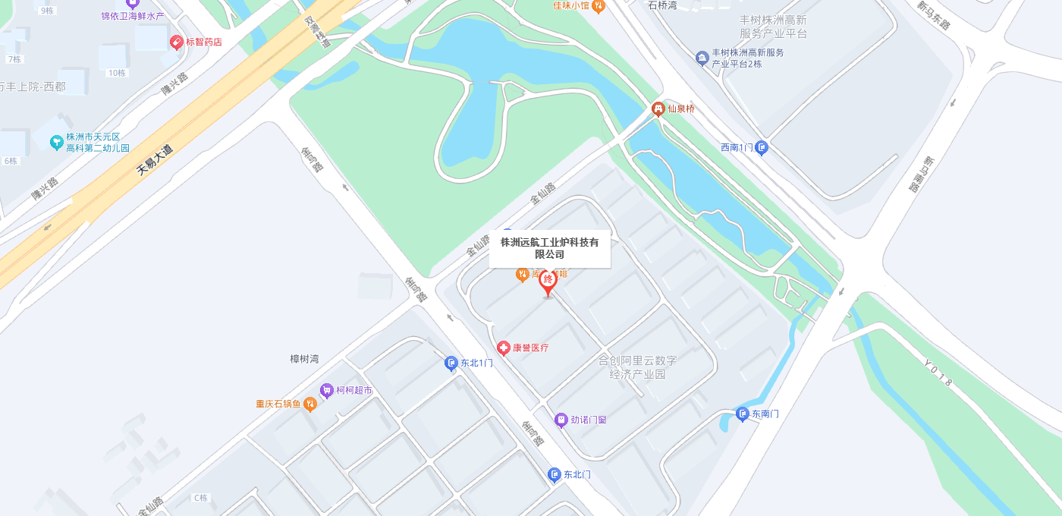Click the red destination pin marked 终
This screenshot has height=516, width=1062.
coord(548,282)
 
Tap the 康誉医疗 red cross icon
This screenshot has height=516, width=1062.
coord(503,348)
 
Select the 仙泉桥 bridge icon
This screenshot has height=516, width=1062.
coord(658,109)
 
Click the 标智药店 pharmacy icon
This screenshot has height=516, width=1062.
coord(176,42)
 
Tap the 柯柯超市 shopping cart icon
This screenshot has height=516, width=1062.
coord(326,391)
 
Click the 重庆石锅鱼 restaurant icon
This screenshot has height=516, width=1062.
coord(309,404)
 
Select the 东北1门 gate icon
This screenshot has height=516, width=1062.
coord(451,363)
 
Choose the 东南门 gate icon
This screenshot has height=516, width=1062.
coord(742,414)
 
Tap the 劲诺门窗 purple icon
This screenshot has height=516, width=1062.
coord(561,420)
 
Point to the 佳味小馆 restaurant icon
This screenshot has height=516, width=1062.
coord(598,6)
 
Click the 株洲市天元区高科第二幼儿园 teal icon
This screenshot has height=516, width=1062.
coord(56,142)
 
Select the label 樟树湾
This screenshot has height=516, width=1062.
coord(304,359)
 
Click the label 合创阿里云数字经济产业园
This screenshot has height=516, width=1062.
coord(637,367)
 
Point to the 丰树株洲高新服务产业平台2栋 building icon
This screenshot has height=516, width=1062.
coord(702,58)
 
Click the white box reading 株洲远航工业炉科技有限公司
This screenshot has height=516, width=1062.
coord(549,248)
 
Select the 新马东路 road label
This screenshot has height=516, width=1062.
coord(933,14)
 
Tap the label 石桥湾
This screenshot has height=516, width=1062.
coord(663,5)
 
